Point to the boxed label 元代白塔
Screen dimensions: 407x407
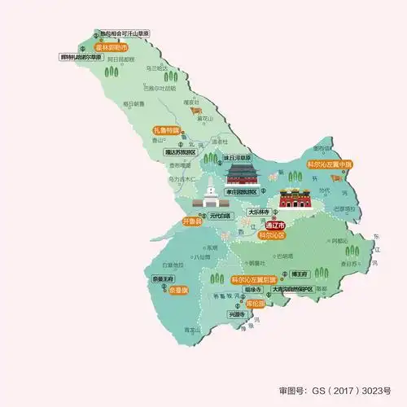tap(219, 216)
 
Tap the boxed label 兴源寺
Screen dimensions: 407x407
tap(237, 314)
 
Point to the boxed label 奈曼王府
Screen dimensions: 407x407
tap(163, 278)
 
